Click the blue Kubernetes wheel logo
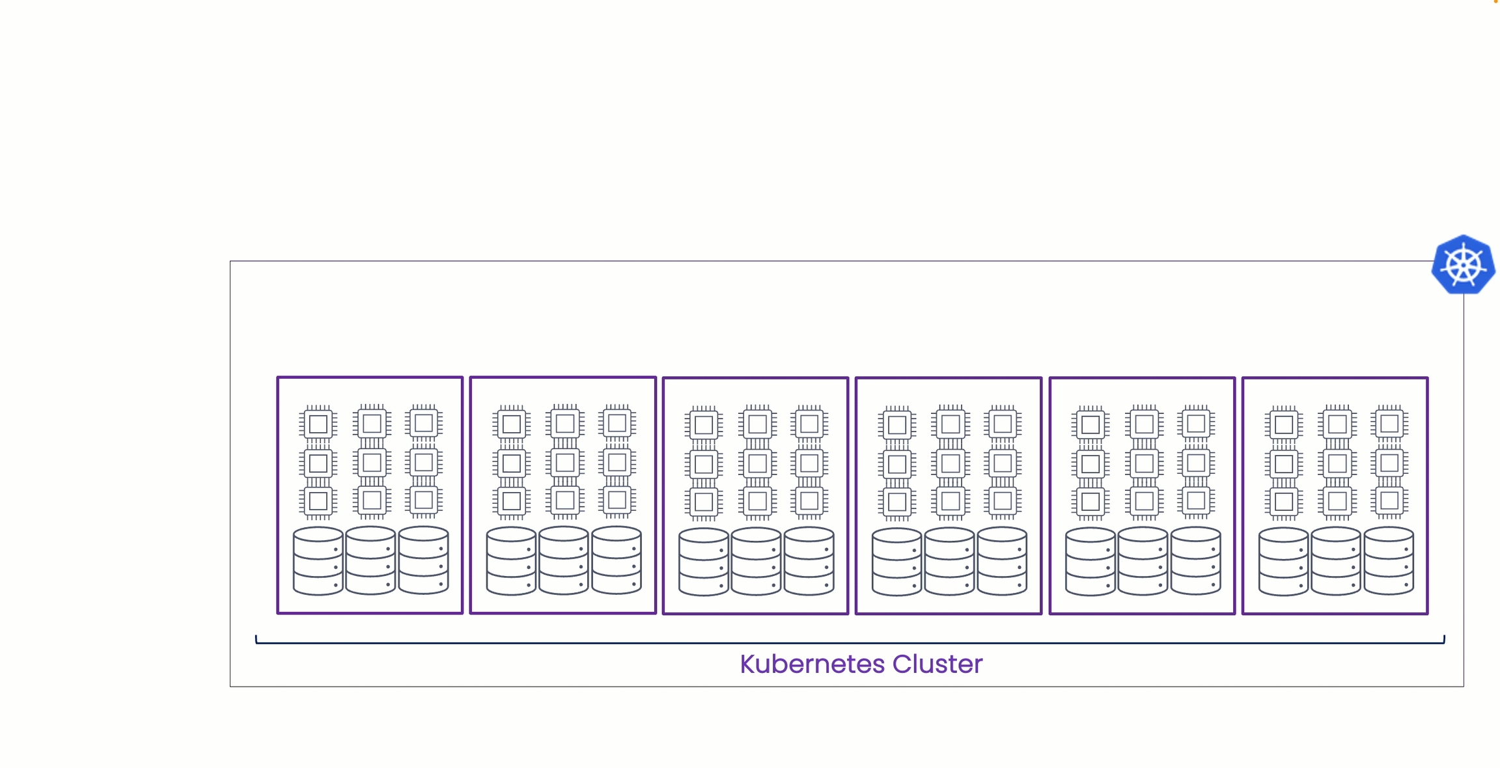pos(1463,265)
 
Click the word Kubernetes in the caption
pos(812,665)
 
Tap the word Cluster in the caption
pos(937,665)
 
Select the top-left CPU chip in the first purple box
pos(318,424)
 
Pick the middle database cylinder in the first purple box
pos(370,561)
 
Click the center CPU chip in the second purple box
pos(564,463)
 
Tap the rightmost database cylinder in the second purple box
pos(617,561)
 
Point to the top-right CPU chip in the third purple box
pos(809,424)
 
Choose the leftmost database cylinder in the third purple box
pos(704,562)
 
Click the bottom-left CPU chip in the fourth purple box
pos(897,502)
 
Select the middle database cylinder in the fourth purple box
pos(950,562)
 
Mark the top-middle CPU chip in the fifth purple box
pos(1144,424)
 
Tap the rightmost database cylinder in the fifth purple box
pos(1196,562)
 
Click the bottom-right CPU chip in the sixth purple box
pos(1389,501)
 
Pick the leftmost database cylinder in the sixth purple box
pos(1284,562)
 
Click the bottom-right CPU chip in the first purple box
pos(424,501)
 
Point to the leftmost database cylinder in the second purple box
pos(511,561)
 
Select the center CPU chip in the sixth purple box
pos(1337,463)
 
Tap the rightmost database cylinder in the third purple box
pos(809,562)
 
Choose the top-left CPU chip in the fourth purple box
pos(897,425)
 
